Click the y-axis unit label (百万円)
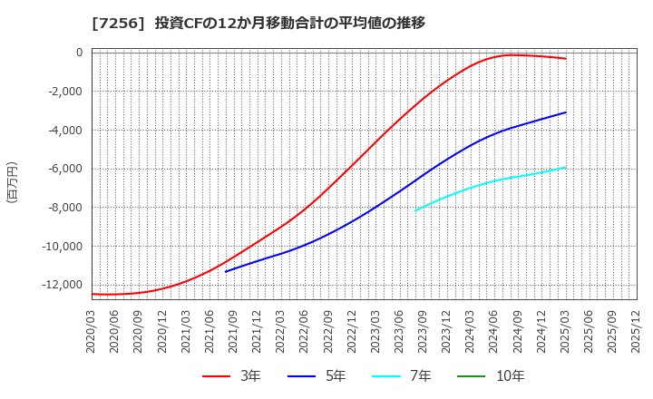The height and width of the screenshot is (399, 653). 12,181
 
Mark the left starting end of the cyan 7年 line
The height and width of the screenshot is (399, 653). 415,210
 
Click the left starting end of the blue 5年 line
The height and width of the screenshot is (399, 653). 226,271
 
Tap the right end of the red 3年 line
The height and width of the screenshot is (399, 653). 566,59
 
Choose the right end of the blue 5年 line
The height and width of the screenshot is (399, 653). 566,112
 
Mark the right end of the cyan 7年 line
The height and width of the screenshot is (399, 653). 566,167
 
